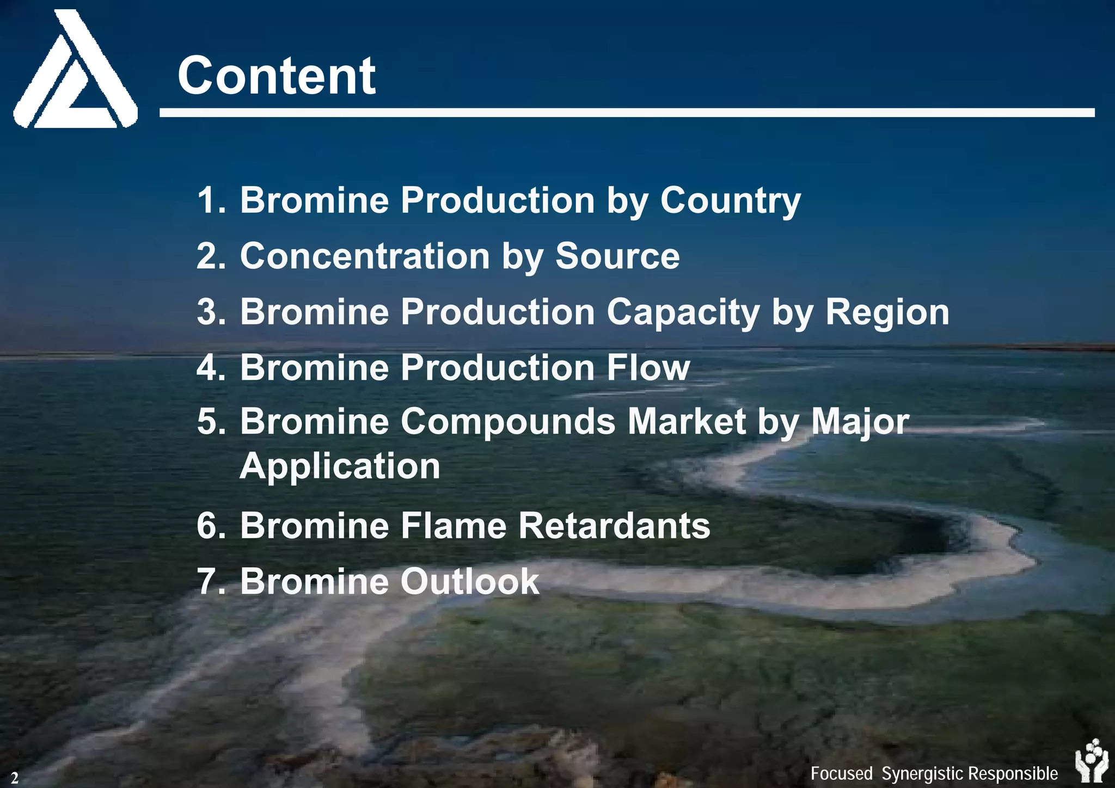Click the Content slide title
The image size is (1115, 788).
point(276,76)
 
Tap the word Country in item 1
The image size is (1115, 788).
point(730,201)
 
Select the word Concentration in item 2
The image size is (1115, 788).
point(365,256)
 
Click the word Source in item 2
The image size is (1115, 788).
point(617,256)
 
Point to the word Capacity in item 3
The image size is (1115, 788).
point(683,312)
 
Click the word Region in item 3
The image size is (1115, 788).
point(887,312)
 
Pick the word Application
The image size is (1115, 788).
point(340,466)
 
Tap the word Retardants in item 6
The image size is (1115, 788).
point(614,526)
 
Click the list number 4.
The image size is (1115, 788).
point(210,367)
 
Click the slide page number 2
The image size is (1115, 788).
point(15,777)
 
